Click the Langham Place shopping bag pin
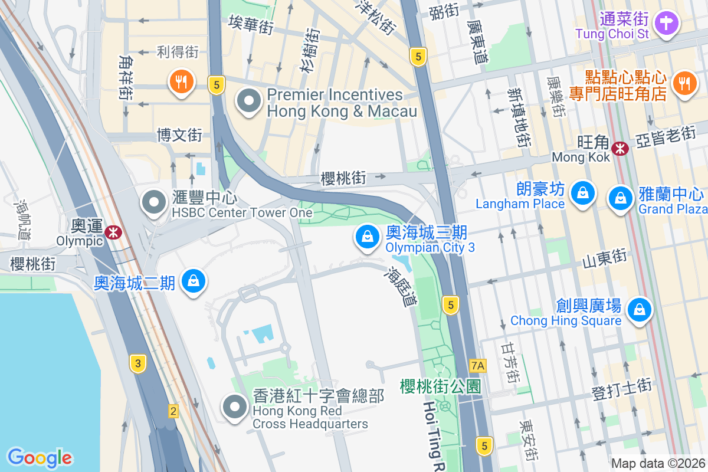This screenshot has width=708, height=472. point(582,193)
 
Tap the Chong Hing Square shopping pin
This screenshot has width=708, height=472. point(638,309)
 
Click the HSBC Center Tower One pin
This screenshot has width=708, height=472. point(155,203)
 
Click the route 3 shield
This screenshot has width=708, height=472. point(137,363)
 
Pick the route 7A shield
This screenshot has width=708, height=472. point(478,366)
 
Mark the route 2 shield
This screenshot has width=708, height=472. point(173,411)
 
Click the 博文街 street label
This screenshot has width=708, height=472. point(179,136)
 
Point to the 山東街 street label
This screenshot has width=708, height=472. point(604,258)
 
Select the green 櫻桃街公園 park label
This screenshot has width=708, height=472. point(440,386)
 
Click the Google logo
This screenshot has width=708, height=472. point(40,457)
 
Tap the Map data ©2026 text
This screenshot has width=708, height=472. point(657,463)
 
